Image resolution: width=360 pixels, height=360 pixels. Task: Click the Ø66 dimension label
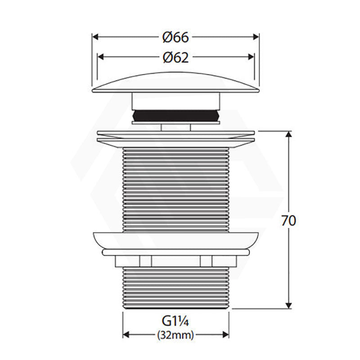175,37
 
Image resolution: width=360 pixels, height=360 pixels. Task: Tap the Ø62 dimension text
175,57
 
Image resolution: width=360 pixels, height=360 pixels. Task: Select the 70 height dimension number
288,221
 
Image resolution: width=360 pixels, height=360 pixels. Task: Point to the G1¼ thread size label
175,321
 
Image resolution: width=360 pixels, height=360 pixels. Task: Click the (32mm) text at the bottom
175,335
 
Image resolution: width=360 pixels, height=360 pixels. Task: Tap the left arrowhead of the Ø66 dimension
95,37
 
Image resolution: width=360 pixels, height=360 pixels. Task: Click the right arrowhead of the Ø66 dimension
256,37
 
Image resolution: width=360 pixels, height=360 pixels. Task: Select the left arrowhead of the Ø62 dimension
100,57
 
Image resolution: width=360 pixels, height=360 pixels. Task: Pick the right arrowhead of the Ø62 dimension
251,57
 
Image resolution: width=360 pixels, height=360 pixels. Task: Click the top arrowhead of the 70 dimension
289,135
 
